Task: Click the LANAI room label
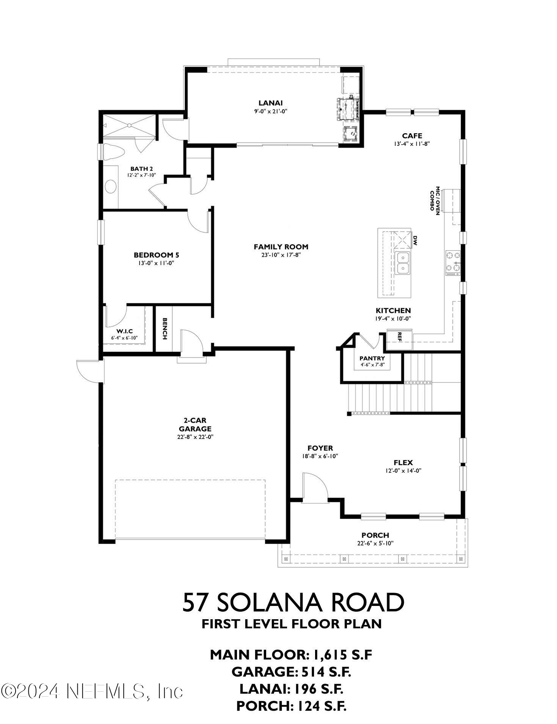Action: click(x=270, y=103)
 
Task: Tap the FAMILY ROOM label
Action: click(x=281, y=247)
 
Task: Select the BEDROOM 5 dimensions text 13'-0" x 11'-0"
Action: click(x=156, y=263)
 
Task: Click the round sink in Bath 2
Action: click(x=111, y=186)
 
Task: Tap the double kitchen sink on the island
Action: click(x=402, y=263)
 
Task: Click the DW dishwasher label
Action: click(x=415, y=240)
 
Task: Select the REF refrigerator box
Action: click(x=399, y=336)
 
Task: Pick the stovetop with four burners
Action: click(x=453, y=263)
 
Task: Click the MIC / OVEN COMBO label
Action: click(x=435, y=201)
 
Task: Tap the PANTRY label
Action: click(x=372, y=358)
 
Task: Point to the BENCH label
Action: click(x=165, y=329)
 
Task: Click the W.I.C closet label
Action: click(x=124, y=331)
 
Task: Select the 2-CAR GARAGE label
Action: click(x=195, y=424)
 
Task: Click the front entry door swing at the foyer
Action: click(x=315, y=488)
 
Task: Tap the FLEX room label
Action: click(x=403, y=462)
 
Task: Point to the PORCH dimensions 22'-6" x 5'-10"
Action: click(x=375, y=543)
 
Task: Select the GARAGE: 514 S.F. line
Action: click(x=291, y=672)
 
